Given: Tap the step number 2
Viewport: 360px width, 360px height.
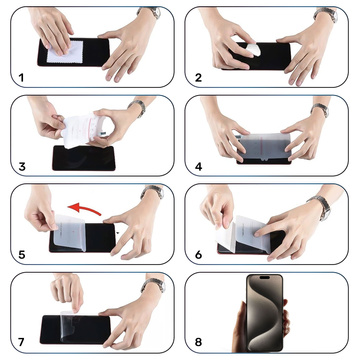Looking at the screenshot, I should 200,76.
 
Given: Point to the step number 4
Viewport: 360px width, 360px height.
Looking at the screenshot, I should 200,165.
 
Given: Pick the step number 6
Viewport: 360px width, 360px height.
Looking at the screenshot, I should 200,254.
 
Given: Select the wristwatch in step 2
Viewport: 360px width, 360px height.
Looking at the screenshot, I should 326,14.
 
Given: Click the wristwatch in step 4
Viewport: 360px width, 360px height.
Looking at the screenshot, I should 320,109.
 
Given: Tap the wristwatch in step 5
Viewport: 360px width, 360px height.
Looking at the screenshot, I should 148,193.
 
